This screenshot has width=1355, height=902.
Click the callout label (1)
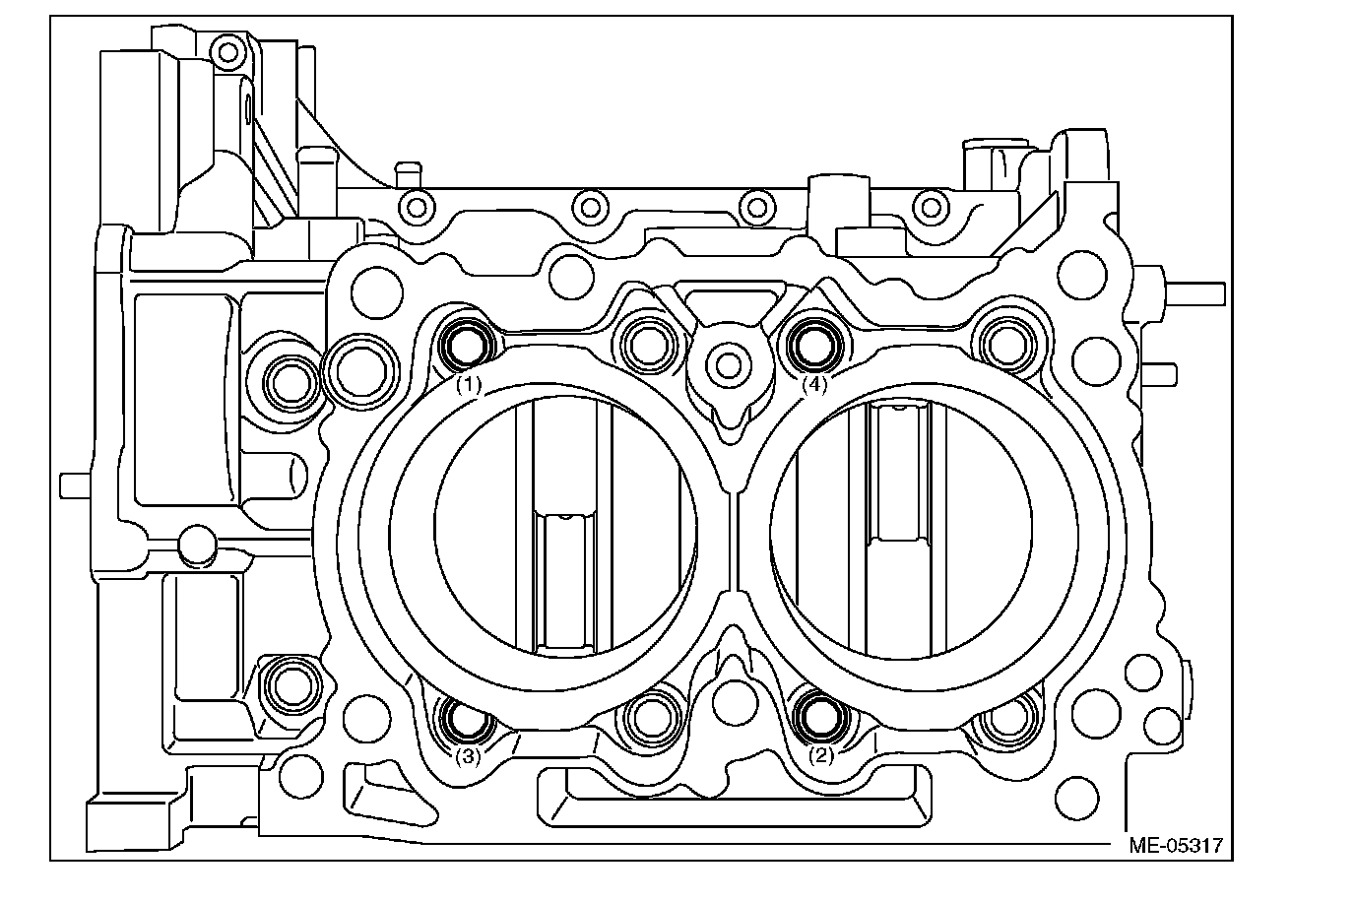468,385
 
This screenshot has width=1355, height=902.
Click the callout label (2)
821,756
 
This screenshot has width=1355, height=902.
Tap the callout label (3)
468,756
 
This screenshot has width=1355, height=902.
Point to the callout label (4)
814,385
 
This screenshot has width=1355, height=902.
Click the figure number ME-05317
1176,845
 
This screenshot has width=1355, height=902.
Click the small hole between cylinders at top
729,364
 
